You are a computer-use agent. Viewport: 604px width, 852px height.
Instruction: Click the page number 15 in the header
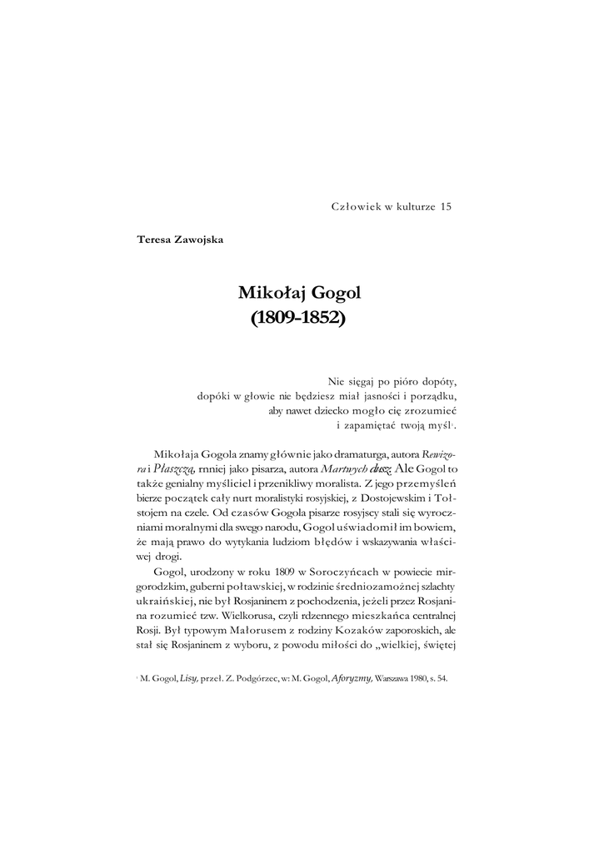(x=445, y=207)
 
